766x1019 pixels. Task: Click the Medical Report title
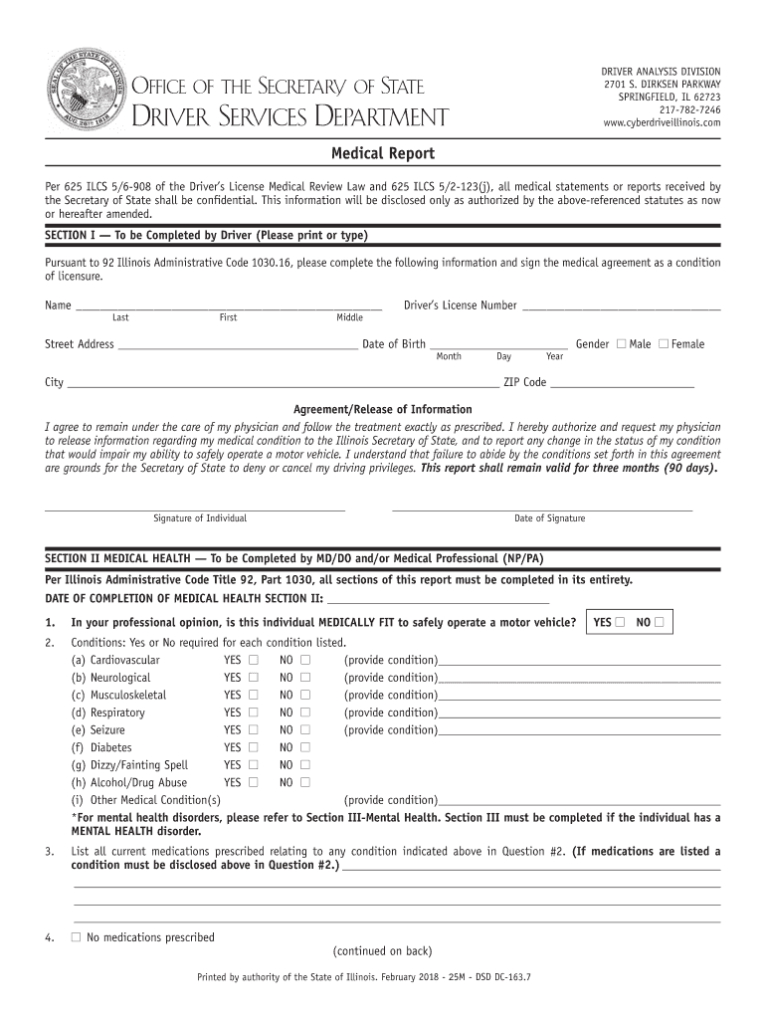[383, 154]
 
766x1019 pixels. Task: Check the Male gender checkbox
[621, 344]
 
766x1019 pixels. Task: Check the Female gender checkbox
[664, 344]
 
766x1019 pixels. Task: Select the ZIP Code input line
[622, 384]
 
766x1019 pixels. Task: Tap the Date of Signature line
[542, 507]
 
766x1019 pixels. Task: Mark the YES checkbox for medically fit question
[620, 623]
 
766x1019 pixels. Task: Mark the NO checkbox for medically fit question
[659, 623]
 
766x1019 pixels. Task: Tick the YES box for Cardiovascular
[254, 660]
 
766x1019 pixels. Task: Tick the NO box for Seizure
[305, 729]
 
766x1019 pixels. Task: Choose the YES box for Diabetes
[254, 747]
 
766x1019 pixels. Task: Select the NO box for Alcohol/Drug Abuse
[305, 782]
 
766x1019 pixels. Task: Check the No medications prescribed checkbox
[76, 937]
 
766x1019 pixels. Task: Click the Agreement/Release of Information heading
[383, 410]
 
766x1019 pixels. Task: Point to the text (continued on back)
[383, 950]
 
